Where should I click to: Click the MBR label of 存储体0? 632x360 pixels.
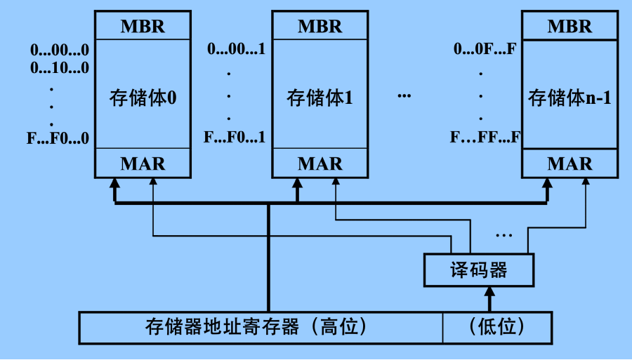tap(143, 27)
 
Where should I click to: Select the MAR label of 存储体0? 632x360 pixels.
tap(143, 164)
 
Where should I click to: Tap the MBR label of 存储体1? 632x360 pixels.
tap(320, 27)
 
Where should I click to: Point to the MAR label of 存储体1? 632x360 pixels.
tap(320, 164)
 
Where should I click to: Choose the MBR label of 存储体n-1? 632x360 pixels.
tap(570, 27)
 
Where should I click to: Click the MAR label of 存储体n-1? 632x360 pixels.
tap(570, 164)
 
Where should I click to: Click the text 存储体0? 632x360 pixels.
tap(143, 98)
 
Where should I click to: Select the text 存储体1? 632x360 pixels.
tap(320, 98)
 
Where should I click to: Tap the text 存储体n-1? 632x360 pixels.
tap(570, 98)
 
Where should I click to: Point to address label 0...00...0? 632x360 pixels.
tap(60, 50)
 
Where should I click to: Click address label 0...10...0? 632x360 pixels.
tap(60, 68)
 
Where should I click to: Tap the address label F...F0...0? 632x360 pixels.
tap(58, 138)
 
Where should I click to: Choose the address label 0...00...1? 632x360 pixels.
tap(236, 50)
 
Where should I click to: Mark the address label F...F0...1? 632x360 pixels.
tap(235, 137)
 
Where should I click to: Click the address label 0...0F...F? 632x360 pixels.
tap(485, 50)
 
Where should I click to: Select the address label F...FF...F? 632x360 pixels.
tap(485, 137)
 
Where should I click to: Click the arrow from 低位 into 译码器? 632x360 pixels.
tap(491, 298)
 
